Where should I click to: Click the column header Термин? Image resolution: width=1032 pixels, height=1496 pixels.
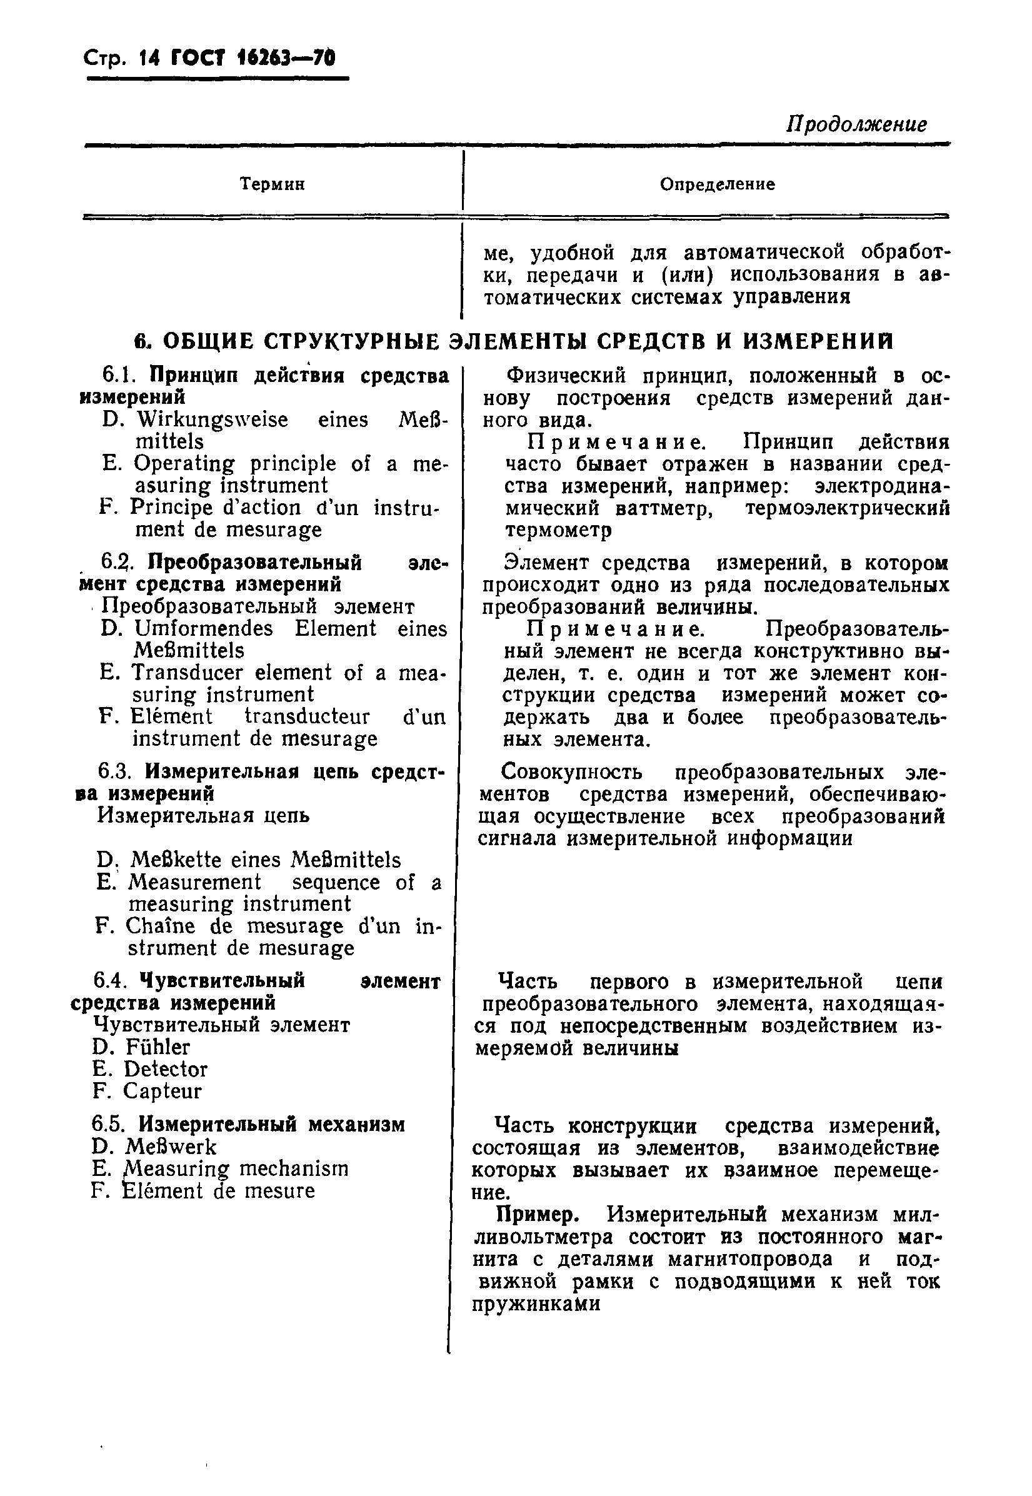point(273,184)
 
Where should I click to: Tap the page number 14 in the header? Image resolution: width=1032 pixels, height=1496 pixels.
point(149,59)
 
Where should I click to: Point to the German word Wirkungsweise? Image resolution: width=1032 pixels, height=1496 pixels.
point(212,419)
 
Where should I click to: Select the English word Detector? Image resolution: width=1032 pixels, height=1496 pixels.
point(166,1068)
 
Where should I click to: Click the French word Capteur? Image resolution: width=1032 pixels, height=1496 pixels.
point(163,1091)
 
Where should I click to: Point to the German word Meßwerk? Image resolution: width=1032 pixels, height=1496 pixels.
point(171,1147)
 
